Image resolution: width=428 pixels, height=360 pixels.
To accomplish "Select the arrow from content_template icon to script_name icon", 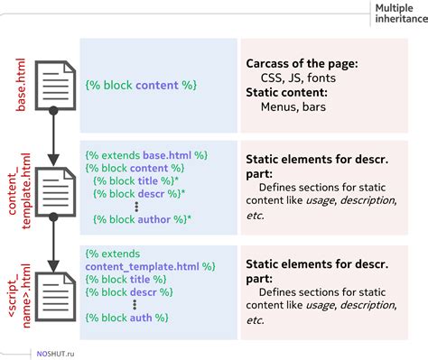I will point(53,240).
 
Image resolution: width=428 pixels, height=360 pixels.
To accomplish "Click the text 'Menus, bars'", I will point(293,107).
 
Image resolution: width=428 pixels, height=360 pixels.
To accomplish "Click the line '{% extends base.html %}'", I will point(146,155).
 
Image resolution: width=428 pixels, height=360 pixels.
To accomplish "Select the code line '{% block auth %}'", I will point(127,318).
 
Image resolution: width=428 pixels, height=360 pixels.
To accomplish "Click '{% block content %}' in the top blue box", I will point(141,84).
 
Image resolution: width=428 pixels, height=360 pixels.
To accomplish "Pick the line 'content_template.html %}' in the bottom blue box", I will point(150,267).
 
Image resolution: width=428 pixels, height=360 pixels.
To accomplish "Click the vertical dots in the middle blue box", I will point(135,206).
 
